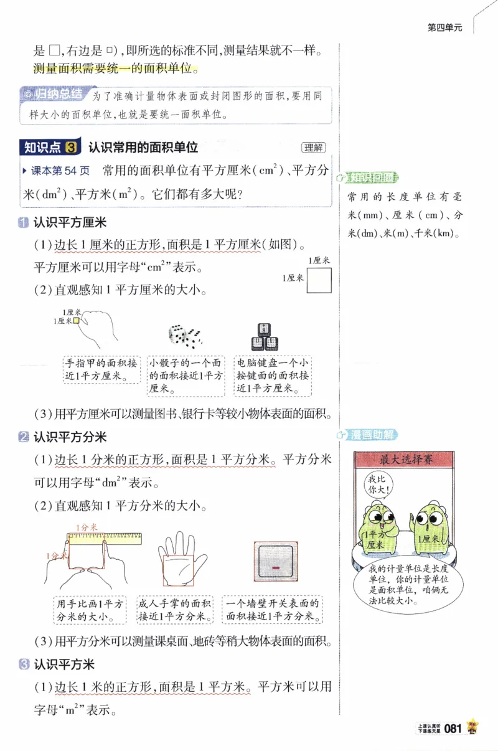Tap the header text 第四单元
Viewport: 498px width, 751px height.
point(444,27)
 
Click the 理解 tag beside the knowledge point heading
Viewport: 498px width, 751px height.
point(312,148)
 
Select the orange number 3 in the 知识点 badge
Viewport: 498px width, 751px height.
point(72,148)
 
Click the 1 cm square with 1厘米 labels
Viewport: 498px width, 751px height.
point(319,280)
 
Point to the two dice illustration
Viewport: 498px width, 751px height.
point(185,336)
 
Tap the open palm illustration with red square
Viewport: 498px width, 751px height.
point(182,560)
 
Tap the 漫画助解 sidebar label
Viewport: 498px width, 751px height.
point(372,435)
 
